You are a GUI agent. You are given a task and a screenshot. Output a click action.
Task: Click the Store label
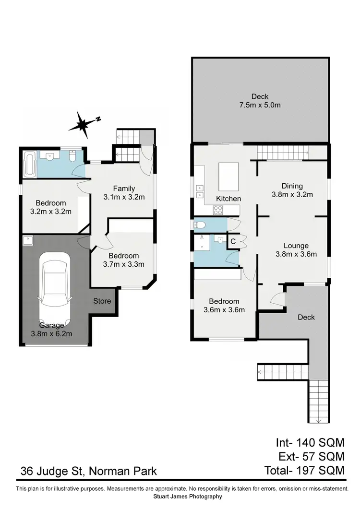pyautogui.click(x=102, y=301)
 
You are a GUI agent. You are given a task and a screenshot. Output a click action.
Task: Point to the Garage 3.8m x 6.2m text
pyautogui.click(x=52, y=330)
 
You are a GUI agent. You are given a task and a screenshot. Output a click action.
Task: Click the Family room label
pyautogui.click(x=124, y=192)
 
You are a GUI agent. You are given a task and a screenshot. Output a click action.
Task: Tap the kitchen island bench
pyautogui.click(x=228, y=176)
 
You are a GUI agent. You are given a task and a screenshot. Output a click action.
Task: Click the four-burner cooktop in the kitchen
pyautogui.click(x=217, y=210)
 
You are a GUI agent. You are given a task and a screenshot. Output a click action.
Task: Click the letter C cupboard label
pyautogui.click(x=233, y=241)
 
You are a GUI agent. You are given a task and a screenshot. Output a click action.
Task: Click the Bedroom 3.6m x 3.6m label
pyautogui.click(x=224, y=306)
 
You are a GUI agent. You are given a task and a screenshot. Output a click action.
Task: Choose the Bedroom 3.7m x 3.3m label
pyautogui.click(x=123, y=260)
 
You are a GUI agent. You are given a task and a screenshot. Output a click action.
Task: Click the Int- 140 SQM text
pyautogui.click(x=310, y=442)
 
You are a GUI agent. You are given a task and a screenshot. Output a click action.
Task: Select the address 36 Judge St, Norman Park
pyautogui.click(x=88, y=471)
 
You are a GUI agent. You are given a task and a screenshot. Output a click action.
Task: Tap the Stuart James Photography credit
pyautogui.click(x=188, y=497)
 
